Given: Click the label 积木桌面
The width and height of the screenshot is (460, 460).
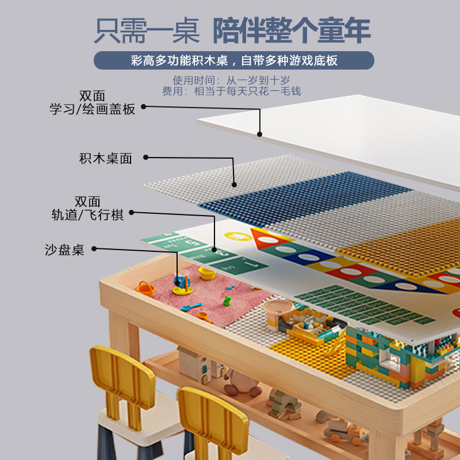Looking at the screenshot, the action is [x=106, y=159].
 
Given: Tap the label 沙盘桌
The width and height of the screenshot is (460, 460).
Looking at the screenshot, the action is [x=64, y=250].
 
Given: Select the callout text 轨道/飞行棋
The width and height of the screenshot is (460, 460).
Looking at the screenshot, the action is [x=87, y=214].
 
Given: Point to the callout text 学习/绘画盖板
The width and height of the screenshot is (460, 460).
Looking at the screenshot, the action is [x=92, y=109].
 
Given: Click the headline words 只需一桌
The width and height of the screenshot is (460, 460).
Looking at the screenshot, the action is [x=147, y=30].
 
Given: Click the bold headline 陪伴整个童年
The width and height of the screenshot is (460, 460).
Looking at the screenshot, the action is [x=292, y=30].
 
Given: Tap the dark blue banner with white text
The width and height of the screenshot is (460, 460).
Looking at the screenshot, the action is [x=234, y=60].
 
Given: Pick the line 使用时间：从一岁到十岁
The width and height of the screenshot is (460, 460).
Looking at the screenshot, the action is [x=232, y=80].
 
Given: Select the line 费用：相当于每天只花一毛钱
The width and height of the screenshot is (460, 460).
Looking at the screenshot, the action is [x=232, y=91].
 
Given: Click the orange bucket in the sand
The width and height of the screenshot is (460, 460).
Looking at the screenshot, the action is [x=145, y=289].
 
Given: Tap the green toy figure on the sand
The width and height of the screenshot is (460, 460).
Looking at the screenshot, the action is [x=227, y=301].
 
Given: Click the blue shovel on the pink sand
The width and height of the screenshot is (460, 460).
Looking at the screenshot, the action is [x=191, y=307].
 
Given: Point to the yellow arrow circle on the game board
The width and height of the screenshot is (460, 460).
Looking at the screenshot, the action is [x=238, y=236].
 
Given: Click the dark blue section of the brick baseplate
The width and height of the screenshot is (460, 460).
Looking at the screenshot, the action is [x=305, y=195].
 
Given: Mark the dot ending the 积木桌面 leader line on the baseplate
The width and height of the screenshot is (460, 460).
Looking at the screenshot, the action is [x=234, y=185].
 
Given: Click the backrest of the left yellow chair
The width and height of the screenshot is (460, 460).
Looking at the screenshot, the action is [x=122, y=371].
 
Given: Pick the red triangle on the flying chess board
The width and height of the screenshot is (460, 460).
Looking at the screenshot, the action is [x=267, y=237].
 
